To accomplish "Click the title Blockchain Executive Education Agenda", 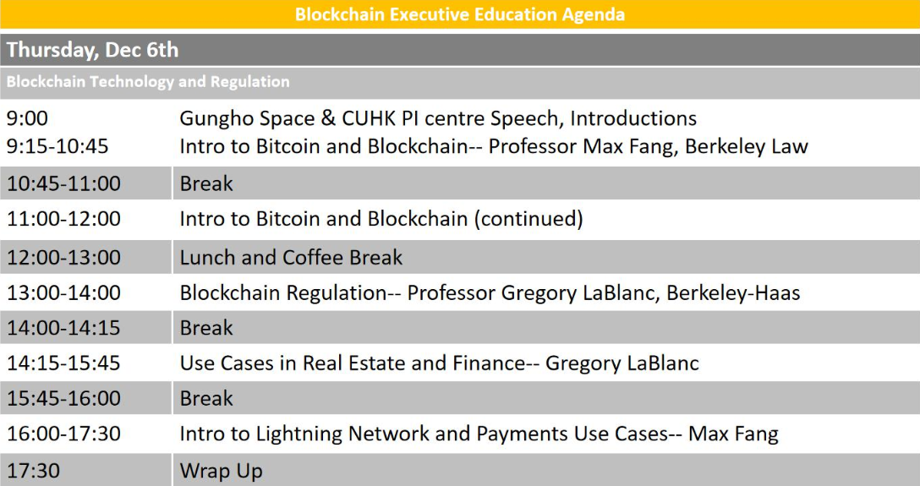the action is pos(460,14).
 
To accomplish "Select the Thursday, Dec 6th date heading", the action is pos(93,50).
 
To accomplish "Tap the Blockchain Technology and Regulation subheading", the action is pos(148,81).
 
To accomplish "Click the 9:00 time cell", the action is pos(27,118).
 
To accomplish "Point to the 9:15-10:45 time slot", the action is pos(57,146).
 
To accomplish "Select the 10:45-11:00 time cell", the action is pos(63,183).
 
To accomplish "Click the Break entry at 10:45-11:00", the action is pos(206,183).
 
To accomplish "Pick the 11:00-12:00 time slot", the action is pos(63,219).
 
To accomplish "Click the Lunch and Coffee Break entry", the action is pos(291,257).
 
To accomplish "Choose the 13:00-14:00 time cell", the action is pos(63,292).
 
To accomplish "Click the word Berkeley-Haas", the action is pos(733,293).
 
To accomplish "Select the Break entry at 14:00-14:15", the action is pos(206,328).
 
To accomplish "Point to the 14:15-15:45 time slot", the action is pos(63,363).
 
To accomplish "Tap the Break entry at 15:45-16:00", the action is pos(206,398).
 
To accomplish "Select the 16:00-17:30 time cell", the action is pos(63,434).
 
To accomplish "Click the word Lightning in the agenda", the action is pos(298,434).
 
